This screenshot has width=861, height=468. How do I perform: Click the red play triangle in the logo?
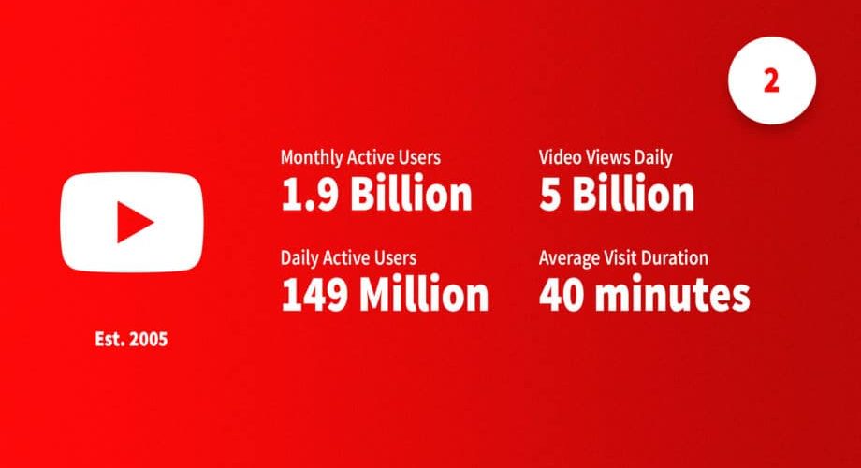[x=133, y=222]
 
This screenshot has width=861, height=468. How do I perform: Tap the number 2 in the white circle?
[x=771, y=81]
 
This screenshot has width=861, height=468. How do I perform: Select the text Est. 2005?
[x=131, y=339]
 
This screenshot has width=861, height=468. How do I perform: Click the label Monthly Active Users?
[x=360, y=157]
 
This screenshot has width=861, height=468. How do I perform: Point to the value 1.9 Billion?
[x=376, y=194]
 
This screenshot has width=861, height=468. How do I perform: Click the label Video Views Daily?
[x=606, y=157]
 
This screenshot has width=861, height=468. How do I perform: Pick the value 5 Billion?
[x=617, y=194]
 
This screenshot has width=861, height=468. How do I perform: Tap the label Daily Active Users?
[x=349, y=258]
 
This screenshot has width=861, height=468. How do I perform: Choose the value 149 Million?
[x=385, y=295]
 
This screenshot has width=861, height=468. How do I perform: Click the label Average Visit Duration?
[x=623, y=258]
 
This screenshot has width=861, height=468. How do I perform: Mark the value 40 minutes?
[x=644, y=295]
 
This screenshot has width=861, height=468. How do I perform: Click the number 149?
[x=314, y=295]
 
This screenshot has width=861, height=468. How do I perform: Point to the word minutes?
[x=673, y=295]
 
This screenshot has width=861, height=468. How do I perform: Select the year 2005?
[x=148, y=339]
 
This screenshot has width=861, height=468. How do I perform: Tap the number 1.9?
[x=309, y=195]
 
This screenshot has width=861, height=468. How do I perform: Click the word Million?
[x=424, y=295]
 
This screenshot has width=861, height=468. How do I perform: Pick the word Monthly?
[x=312, y=158]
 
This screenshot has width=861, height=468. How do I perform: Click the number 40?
[x=562, y=295]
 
